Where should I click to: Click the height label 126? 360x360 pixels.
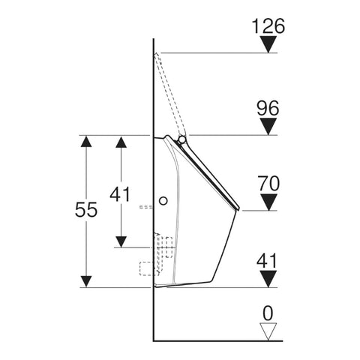click(268, 25)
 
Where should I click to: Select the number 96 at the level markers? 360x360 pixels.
click(268, 108)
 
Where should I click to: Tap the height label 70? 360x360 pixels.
click(268, 184)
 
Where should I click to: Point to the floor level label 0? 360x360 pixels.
click(268, 313)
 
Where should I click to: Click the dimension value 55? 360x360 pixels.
click(86, 209)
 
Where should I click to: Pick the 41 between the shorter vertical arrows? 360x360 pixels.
click(120, 194)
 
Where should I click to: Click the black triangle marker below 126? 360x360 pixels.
click(268, 44)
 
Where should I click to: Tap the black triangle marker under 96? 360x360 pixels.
click(268, 127)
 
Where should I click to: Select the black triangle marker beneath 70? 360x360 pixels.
click(268, 202)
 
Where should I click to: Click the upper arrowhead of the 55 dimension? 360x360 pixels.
click(86, 141)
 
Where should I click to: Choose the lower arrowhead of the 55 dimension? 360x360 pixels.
click(86, 281)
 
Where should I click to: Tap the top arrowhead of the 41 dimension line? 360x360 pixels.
click(121, 142)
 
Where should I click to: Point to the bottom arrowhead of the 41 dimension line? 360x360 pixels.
click(121, 241)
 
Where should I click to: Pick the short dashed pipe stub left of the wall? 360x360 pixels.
click(146, 207)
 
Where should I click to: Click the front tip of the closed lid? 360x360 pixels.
click(238, 208)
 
